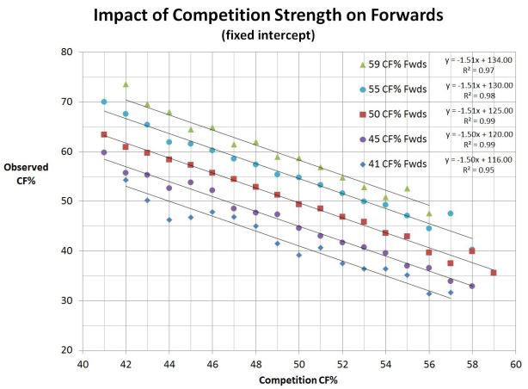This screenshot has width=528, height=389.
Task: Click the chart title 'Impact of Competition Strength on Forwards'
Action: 265,15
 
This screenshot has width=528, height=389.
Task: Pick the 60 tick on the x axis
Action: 515,363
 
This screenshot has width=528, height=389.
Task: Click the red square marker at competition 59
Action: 494,273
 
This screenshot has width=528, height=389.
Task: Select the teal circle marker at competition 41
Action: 104,102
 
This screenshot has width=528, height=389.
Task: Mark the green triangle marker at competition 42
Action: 126,84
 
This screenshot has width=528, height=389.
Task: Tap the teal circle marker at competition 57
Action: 451,213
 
